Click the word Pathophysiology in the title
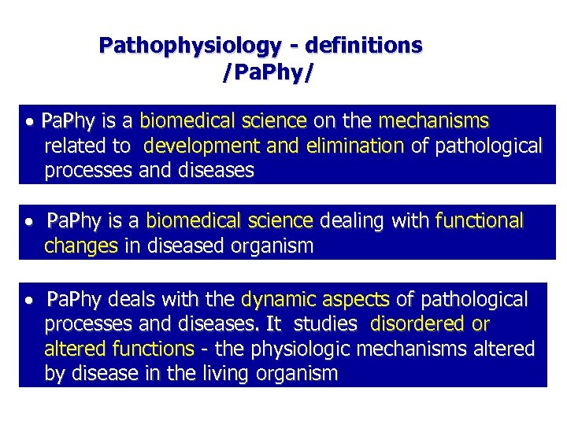coord(188,46)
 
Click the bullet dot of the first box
coord(29,124)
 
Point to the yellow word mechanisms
coord(433,121)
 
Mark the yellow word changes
coord(81,246)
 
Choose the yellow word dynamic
coord(276,300)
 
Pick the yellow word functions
coord(154,349)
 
